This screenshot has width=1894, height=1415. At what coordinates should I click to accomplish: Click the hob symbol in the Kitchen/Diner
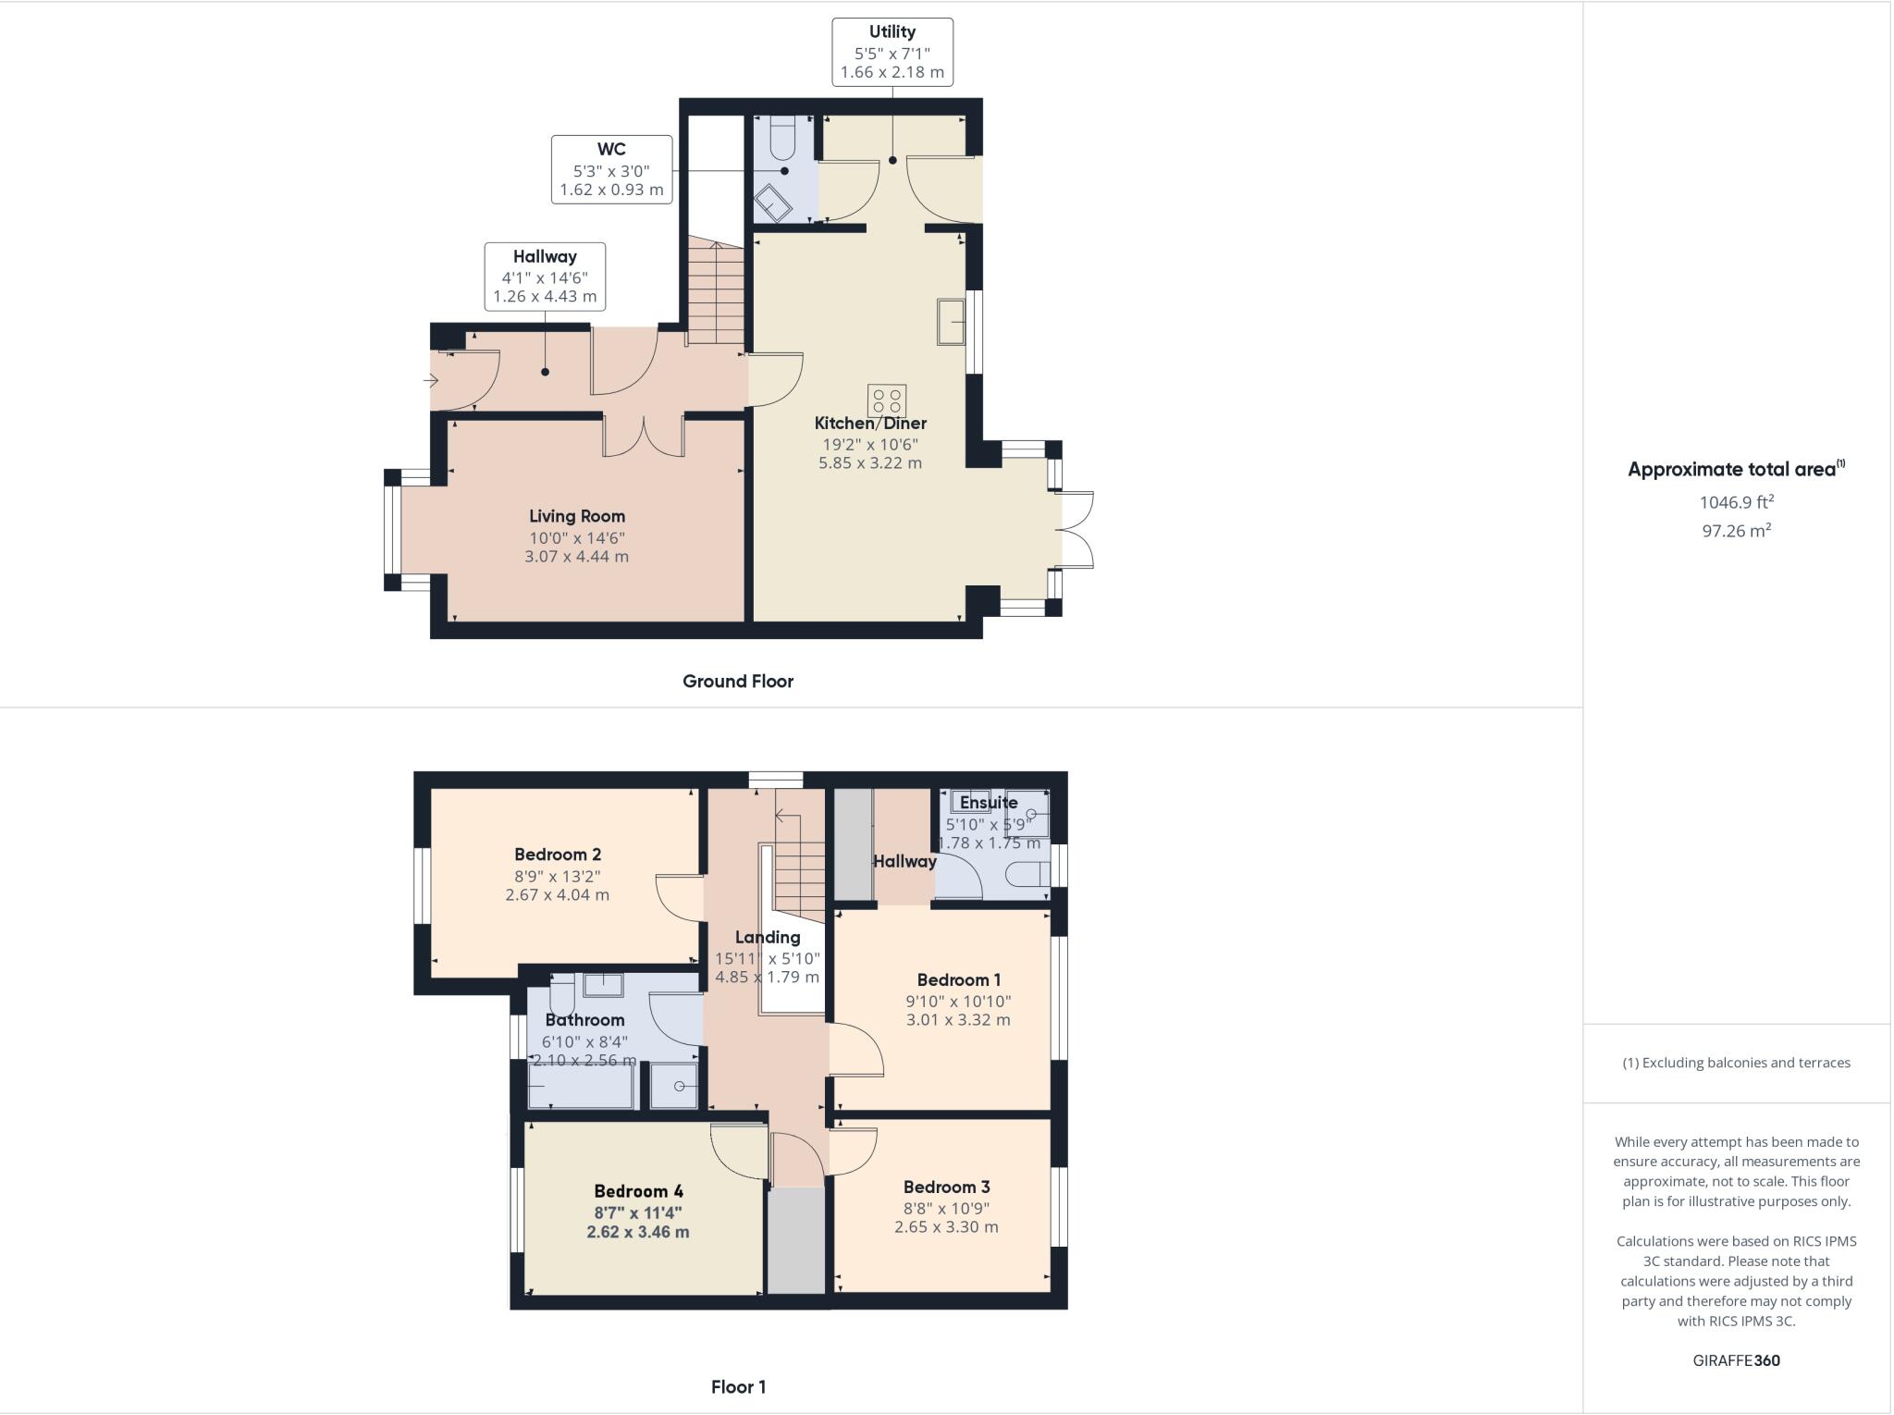coord(886,400)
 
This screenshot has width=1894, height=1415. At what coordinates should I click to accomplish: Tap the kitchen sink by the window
coord(951,322)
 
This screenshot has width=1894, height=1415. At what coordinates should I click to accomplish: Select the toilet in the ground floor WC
coord(782,139)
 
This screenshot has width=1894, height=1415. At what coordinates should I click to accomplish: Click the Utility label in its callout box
coord(892,31)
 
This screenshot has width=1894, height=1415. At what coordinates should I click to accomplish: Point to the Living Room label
coord(576,516)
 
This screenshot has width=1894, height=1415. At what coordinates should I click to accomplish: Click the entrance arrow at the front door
coord(431,380)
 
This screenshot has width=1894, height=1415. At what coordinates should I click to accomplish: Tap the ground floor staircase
coord(716,291)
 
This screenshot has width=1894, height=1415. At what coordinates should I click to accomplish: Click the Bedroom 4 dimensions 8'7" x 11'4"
coord(637,1212)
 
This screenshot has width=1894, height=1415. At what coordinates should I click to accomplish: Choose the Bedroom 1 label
coord(958,979)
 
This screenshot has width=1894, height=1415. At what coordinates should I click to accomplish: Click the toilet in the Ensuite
coord(1028,874)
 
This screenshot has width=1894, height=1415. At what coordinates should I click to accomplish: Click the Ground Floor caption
coord(737,682)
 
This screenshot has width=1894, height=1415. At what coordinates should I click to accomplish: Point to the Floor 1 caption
coord(737,1386)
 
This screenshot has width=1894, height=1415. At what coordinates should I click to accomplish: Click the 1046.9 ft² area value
coord(1736,502)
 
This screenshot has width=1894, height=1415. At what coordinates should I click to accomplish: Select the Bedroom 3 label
coord(946,1187)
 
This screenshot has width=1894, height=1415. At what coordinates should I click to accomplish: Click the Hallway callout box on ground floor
coord(545,277)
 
